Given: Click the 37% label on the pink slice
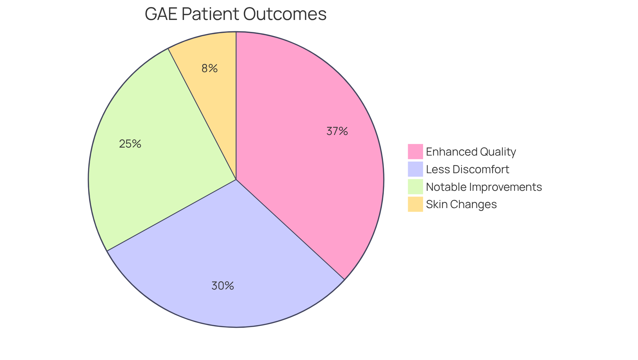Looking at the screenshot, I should coord(337,131).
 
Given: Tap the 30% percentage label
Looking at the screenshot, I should coord(223,286).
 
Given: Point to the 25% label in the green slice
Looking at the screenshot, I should coord(130,144).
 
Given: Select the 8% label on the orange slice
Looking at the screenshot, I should coord(209,68).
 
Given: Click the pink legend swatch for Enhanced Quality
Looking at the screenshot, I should coord(415,152).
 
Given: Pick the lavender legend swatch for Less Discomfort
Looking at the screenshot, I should coord(415,169).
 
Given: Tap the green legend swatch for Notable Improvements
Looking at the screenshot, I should coord(415,186).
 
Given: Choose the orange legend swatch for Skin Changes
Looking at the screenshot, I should coord(415,204).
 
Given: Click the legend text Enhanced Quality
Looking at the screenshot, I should coord(471,152).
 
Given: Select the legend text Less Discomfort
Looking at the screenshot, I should coord(467,169).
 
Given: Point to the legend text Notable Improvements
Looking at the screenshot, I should coord(483,187).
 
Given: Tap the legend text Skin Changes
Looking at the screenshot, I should coord(461,204).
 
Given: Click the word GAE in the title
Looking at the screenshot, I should coord(161,14).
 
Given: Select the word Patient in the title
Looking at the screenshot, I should coord(210,14).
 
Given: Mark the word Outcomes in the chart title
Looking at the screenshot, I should coord(285,14).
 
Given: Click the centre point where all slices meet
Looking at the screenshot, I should coord(236,180).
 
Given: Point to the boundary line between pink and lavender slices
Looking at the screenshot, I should coord(290,229).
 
